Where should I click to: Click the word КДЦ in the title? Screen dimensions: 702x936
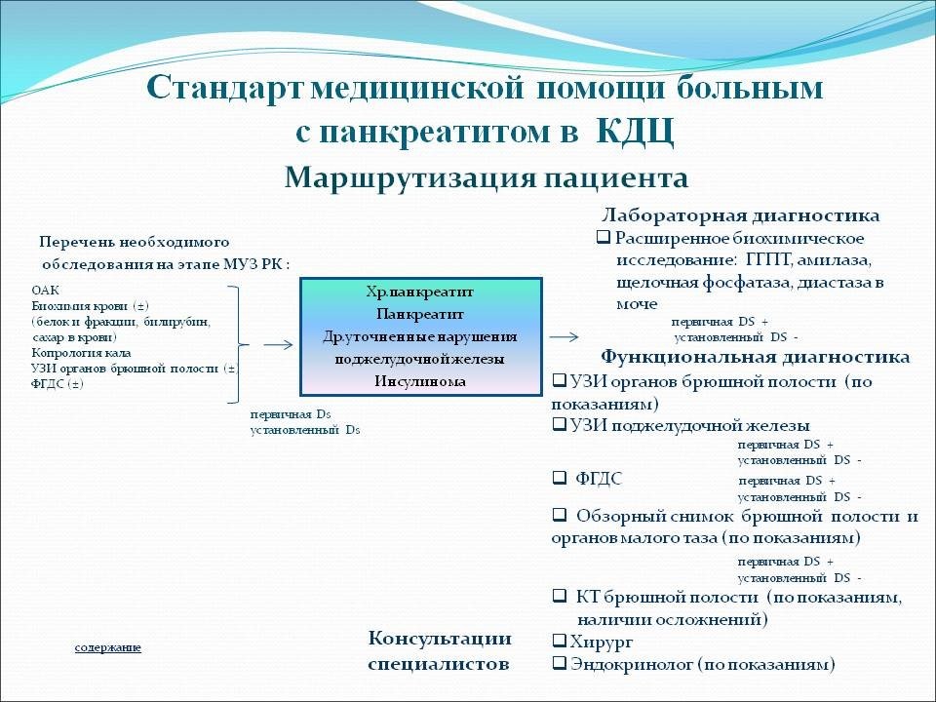point(632,131)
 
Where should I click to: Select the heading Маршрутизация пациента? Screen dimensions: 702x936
point(487,178)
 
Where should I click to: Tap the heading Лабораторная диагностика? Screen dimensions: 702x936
point(740,215)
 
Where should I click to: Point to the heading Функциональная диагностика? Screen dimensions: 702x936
point(755,357)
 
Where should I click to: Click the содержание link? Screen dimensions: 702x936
point(108,647)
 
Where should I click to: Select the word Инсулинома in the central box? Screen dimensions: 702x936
point(420,380)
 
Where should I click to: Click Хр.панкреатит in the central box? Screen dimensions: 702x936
point(420,292)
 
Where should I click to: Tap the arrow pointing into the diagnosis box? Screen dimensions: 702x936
point(278,344)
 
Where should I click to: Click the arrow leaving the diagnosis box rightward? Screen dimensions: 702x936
point(563,337)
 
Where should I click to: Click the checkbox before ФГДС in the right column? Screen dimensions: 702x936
point(560,479)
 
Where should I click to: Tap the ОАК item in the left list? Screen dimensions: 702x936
point(45,291)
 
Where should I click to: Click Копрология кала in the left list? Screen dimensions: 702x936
point(81,353)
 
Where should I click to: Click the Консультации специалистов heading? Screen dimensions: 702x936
point(440,651)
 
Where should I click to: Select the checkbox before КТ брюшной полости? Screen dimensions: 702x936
point(560,596)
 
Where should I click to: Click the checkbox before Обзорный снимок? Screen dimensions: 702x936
point(560,515)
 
